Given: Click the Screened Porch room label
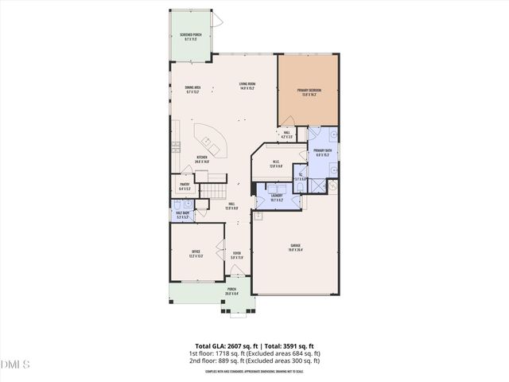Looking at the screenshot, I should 190,37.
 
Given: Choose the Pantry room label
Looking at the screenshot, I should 185,188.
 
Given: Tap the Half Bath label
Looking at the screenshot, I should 181,215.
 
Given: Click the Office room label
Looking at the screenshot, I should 196,255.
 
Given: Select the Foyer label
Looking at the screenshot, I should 236,255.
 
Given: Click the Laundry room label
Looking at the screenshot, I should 277,197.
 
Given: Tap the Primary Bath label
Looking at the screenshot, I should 322,153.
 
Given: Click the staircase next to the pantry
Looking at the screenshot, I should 212,191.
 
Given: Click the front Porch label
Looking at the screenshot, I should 231,290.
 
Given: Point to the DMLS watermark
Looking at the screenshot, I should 16,364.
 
